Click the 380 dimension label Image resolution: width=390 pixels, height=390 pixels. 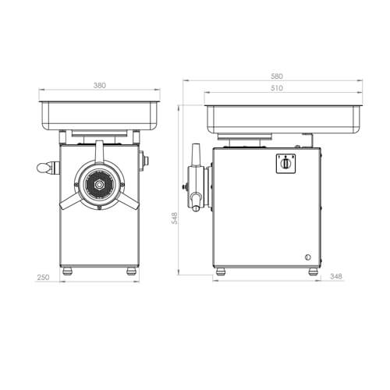tap(100, 85)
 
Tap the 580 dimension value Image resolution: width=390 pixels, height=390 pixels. tap(277, 76)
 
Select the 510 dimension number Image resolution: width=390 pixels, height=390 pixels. tap(277, 88)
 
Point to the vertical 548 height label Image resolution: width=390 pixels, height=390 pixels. tap(175, 218)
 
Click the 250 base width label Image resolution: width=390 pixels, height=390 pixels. tap(43, 277)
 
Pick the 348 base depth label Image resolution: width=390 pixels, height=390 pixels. tap(336, 276)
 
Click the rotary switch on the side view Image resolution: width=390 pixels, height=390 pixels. tap(285, 163)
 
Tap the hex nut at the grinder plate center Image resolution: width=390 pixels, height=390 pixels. tap(99, 185)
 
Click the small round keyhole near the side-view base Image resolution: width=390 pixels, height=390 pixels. tap(307, 257)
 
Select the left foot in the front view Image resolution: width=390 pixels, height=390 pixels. tap(67, 271)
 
